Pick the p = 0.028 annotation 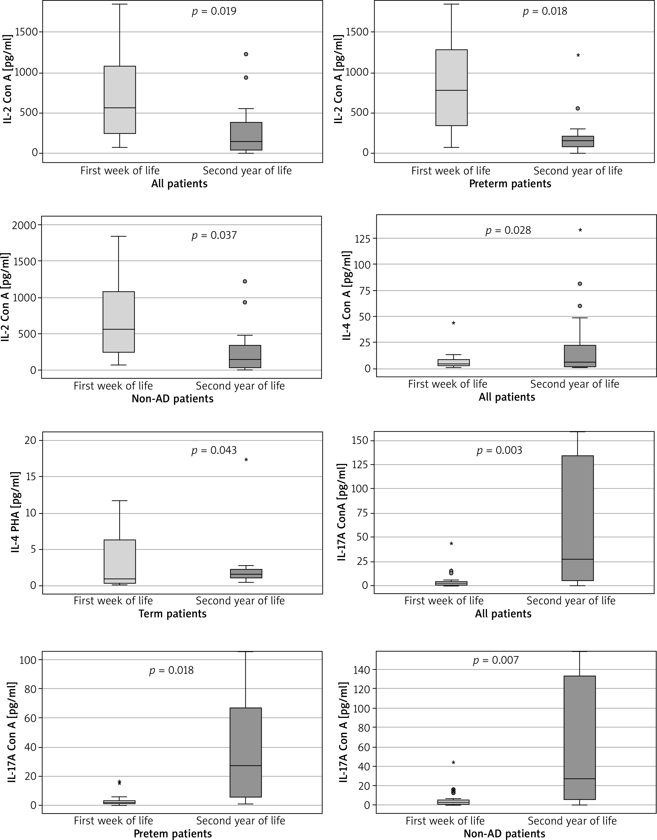(x=508, y=230)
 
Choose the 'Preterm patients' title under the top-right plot (x=510, y=184)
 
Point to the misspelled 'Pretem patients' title (x=173, y=834)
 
